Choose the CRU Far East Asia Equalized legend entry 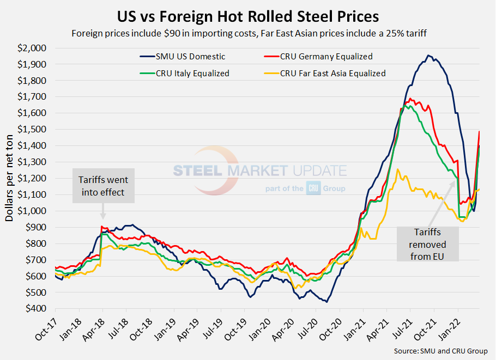pyautogui.click(x=333, y=73)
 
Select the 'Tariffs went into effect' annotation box pyautogui.click(x=104, y=186)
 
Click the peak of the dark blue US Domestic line pyautogui.click(x=428, y=55)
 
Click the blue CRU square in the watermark pyautogui.click(x=313, y=187)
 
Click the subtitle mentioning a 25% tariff pyautogui.click(x=248, y=33)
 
